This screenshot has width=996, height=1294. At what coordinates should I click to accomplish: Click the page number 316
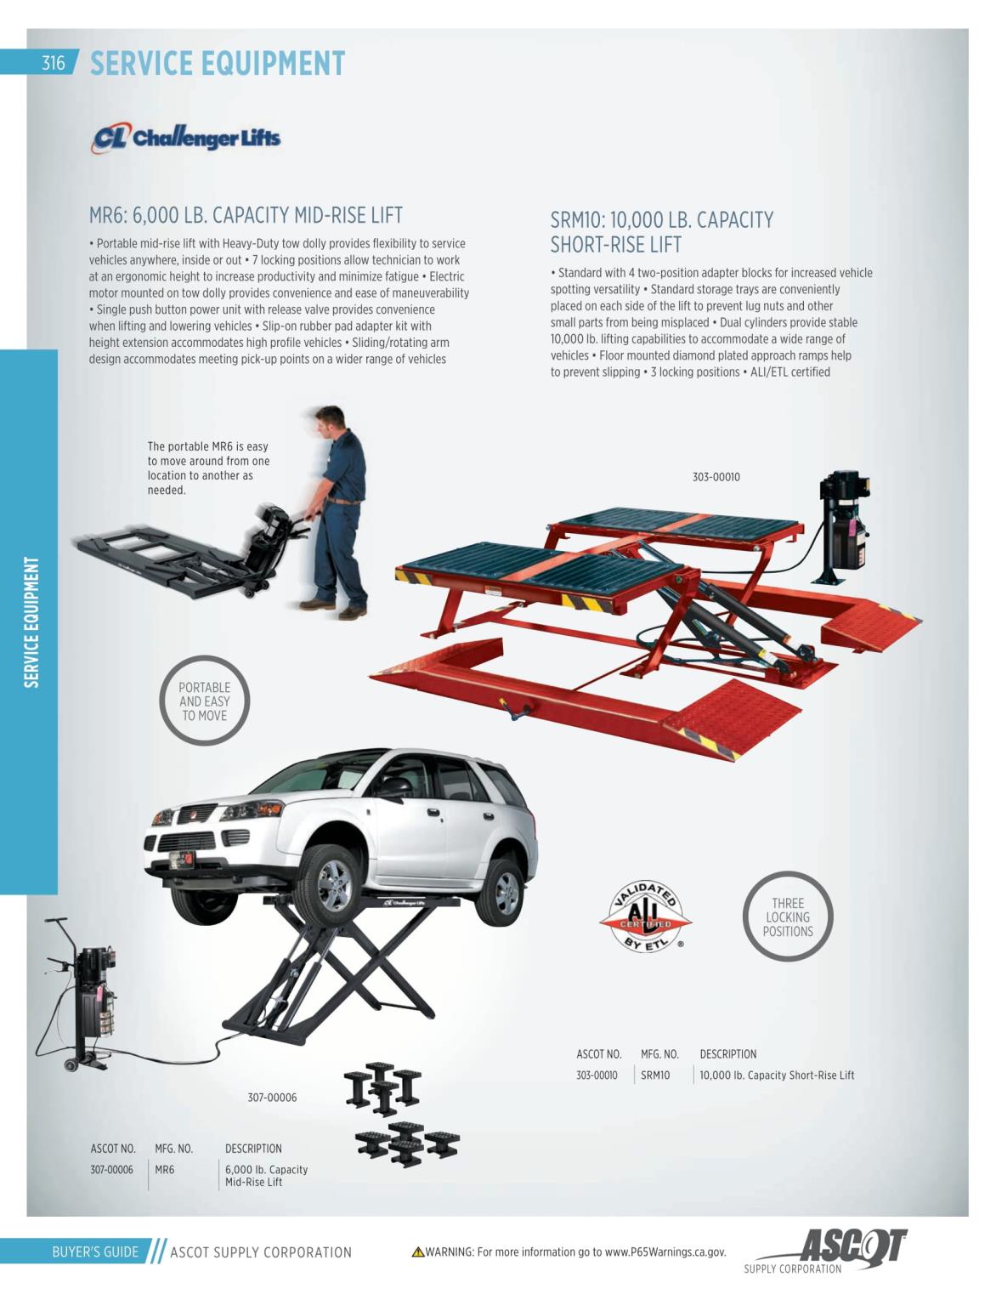pos(53,63)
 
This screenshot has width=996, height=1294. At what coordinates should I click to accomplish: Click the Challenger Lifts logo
pos(185,138)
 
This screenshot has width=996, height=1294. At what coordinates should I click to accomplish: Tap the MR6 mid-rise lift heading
pos(246,215)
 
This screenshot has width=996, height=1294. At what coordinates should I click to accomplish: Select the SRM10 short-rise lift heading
pos(661,231)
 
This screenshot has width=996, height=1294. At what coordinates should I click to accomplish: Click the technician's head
pos(331,421)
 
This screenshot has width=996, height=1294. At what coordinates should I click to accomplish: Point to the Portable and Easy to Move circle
pos(204,701)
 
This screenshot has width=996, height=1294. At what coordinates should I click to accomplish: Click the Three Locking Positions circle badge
pos(788,917)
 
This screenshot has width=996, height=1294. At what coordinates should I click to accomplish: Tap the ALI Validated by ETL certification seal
pos(646,917)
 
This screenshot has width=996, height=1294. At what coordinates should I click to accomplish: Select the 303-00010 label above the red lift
pos(716,477)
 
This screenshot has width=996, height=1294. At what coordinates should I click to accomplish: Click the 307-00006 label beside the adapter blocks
pos(272,1098)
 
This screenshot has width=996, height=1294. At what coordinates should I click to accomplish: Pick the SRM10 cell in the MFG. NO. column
pos(655,1075)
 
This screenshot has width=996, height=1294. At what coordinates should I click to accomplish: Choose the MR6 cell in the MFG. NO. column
pos(165,1170)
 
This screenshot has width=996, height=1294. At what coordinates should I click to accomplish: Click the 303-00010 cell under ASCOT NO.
pos(597,1075)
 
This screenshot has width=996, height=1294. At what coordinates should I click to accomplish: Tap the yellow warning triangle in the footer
pos(417,1252)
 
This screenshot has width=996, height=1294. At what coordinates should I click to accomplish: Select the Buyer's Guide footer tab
pos(95,1251)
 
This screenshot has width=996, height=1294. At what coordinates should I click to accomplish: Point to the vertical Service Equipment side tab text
pos(31,621)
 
